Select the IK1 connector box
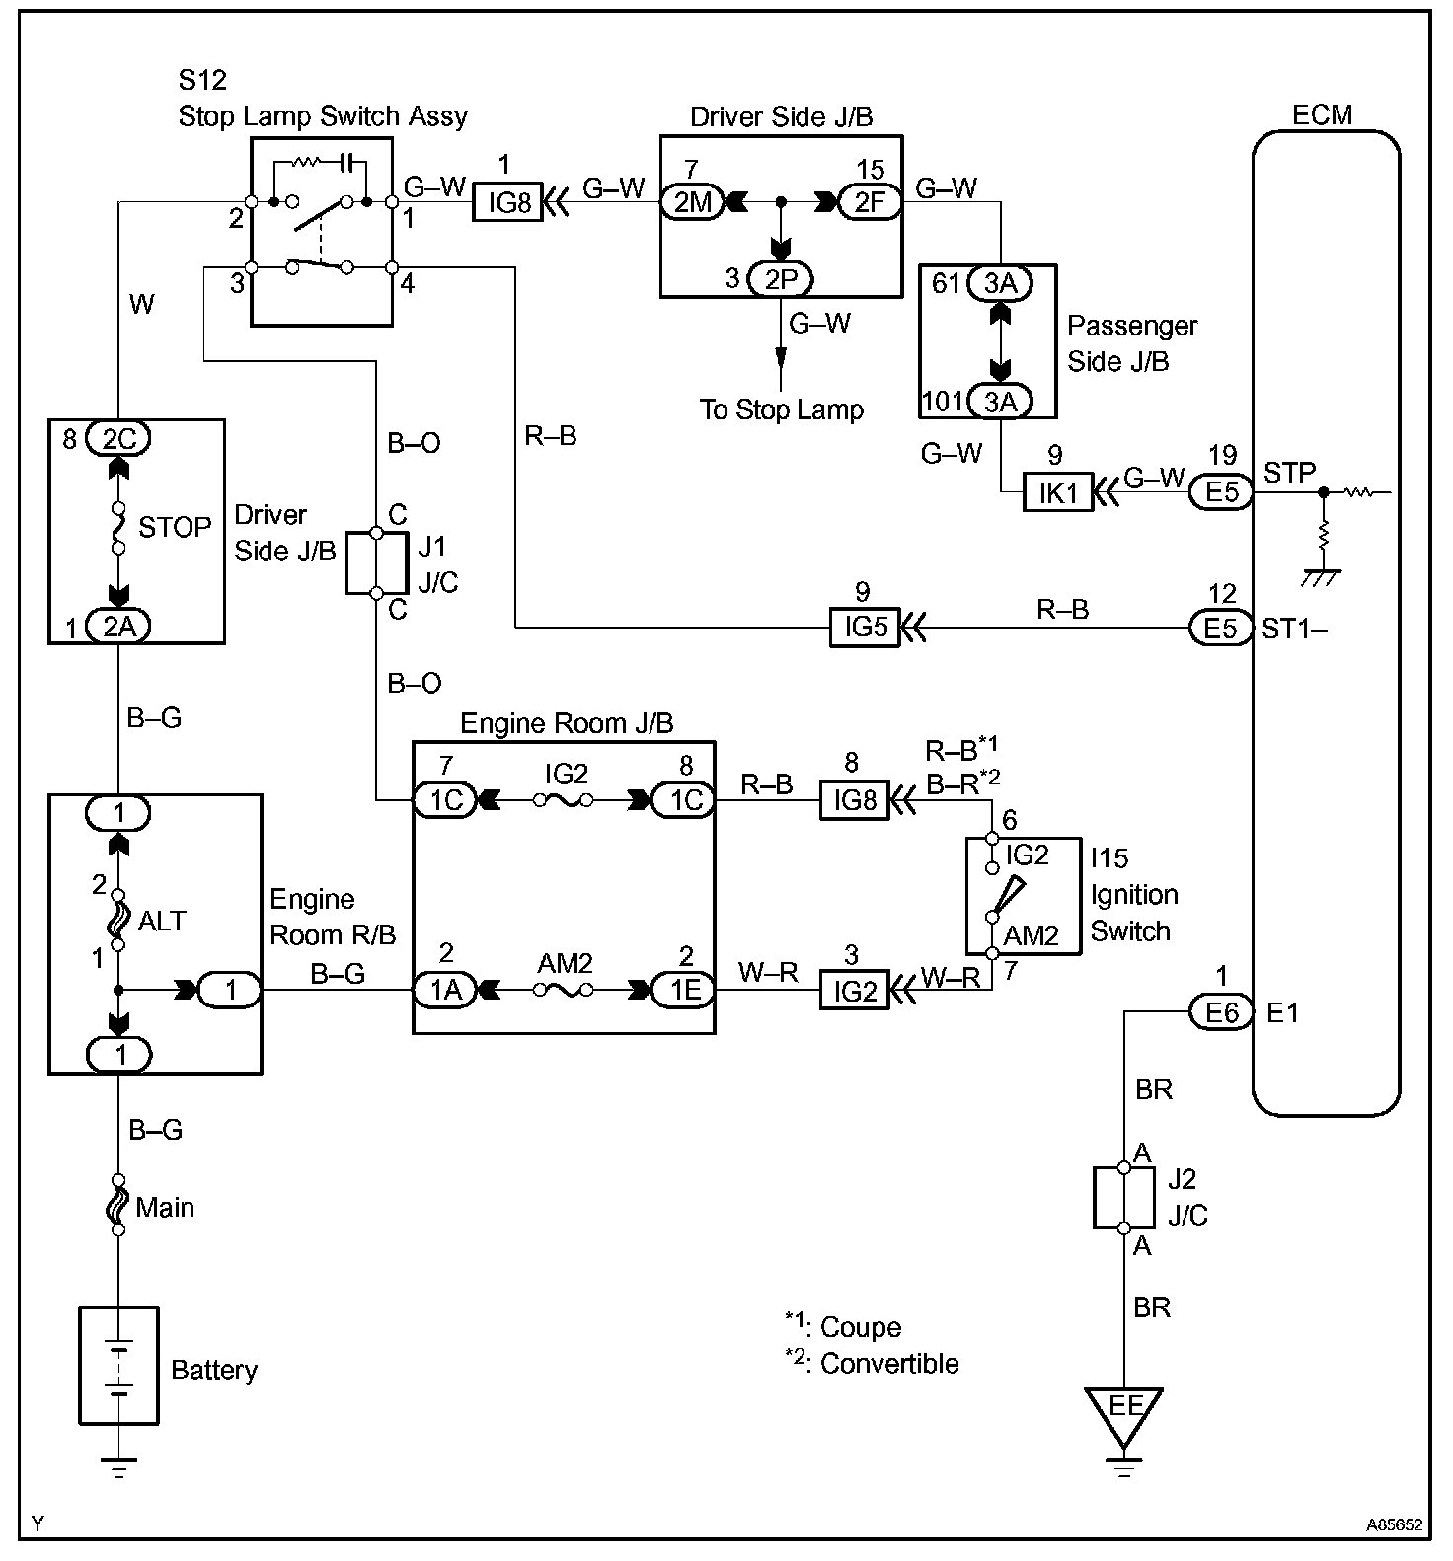1058,492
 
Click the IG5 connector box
865,628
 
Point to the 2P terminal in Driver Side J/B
780,279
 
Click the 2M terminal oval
693,203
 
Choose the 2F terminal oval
869,203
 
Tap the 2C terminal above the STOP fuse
118,437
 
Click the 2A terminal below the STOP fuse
118,627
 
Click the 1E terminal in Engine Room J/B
685,989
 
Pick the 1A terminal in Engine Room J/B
446,989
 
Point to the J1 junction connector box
376,563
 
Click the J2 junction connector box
1123,1197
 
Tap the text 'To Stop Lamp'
781,409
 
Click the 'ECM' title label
1323,114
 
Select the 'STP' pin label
1289,473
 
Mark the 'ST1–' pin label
1294,628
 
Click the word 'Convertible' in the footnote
889,1363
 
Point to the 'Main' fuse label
165,1207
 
